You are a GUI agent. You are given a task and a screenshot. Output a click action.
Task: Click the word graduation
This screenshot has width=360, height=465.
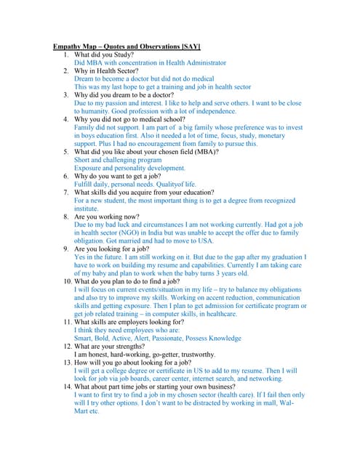[279, 257]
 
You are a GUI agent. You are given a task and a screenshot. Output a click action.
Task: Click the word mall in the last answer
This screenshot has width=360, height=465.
[272, 403]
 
